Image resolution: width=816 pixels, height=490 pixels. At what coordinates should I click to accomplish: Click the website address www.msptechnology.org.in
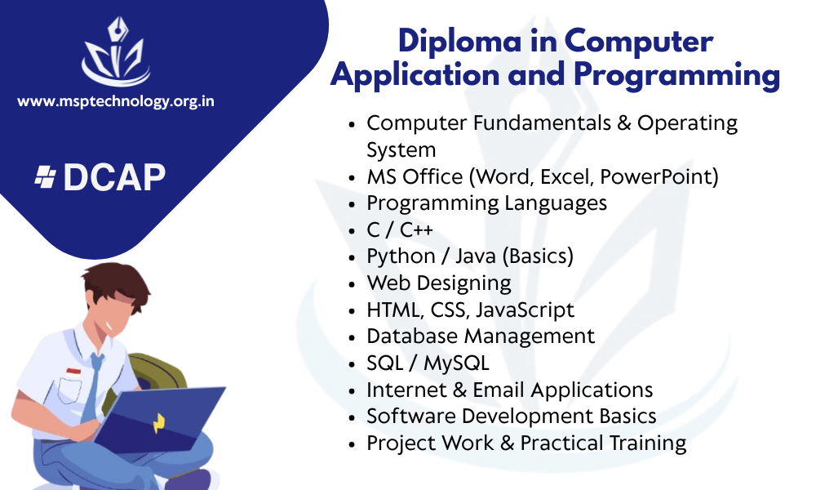[x=116, y=101]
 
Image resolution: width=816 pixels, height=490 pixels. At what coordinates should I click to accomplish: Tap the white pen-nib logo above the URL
[x=116, y=51]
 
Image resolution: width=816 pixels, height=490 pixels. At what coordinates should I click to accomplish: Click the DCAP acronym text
[x=114, y=177]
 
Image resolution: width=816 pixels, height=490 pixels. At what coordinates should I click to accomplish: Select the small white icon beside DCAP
[x=45, y=177]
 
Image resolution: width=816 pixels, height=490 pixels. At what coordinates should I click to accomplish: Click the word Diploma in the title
[x=459, y=41]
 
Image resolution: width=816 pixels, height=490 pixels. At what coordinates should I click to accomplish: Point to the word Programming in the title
[x=676, y=74]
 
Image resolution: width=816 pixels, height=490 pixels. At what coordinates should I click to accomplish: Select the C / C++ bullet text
[x=400, y=229]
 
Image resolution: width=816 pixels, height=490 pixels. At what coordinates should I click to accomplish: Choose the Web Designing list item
[x=439, y=283]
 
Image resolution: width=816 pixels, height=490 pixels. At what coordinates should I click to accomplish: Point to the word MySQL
[x=456, y=363]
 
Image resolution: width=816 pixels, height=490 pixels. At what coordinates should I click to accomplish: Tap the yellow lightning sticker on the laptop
[x=159, y=423]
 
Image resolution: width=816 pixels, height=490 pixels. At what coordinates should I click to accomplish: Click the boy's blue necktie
[x=92, y=388]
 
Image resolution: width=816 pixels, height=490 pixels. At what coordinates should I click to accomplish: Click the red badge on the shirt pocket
[x=73, y=372]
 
